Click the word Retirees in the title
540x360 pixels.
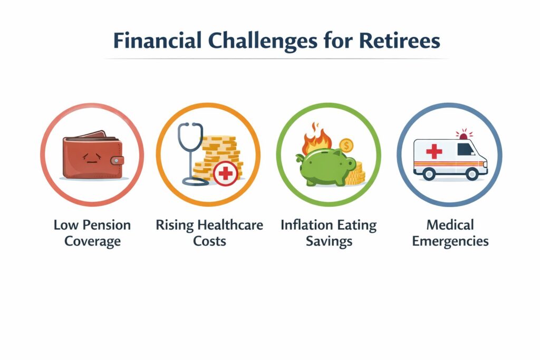pos(399,41)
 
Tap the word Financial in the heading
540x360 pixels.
pos(157,41)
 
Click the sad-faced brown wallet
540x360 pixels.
pos(92,155)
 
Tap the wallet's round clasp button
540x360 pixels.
pos(117,160)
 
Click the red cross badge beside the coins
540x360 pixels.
pos(226,173)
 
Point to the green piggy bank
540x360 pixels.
pos(325,167)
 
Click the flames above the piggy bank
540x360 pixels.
pos(316,138)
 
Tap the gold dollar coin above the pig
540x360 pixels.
pos(346,145)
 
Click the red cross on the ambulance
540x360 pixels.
pos(434,151)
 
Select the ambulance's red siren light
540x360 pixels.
pos(464,134)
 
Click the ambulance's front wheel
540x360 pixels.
pos(472,174)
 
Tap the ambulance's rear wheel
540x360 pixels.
pos(429,174)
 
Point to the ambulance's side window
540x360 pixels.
pos(466,149)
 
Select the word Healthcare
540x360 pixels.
pos(230,225)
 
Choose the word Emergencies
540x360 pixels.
pos(450,241)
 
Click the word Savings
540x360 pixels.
pos(329,241)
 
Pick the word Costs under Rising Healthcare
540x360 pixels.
pos(209,241)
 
